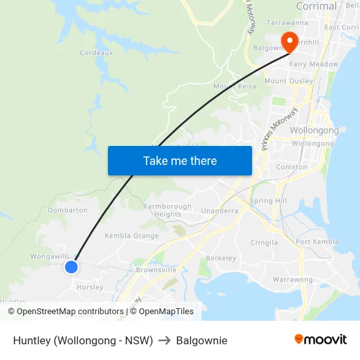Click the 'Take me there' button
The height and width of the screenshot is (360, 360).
[x=180, y=160]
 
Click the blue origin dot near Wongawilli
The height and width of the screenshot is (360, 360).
[x=71, y=266]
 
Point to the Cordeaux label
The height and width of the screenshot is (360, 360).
[x=96, y=52]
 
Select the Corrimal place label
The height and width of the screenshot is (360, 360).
[x=316, y=7]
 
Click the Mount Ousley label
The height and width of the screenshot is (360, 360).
[x=285, y=81]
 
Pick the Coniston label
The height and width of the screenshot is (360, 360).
[x=292, y=167]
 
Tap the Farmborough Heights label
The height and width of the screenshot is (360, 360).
[x=168, y=210]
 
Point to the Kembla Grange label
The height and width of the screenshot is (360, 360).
[x=132, y=236]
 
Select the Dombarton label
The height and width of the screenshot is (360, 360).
[x=67, y=210]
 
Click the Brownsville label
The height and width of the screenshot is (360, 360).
[x=156, y=270]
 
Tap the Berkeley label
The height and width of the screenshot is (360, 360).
[x=221, y=258]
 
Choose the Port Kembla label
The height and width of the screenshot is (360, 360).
[x=317, y=242]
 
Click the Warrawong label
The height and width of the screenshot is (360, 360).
[x=293, y=279]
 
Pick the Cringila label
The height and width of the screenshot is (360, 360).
[x=264, y=242]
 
